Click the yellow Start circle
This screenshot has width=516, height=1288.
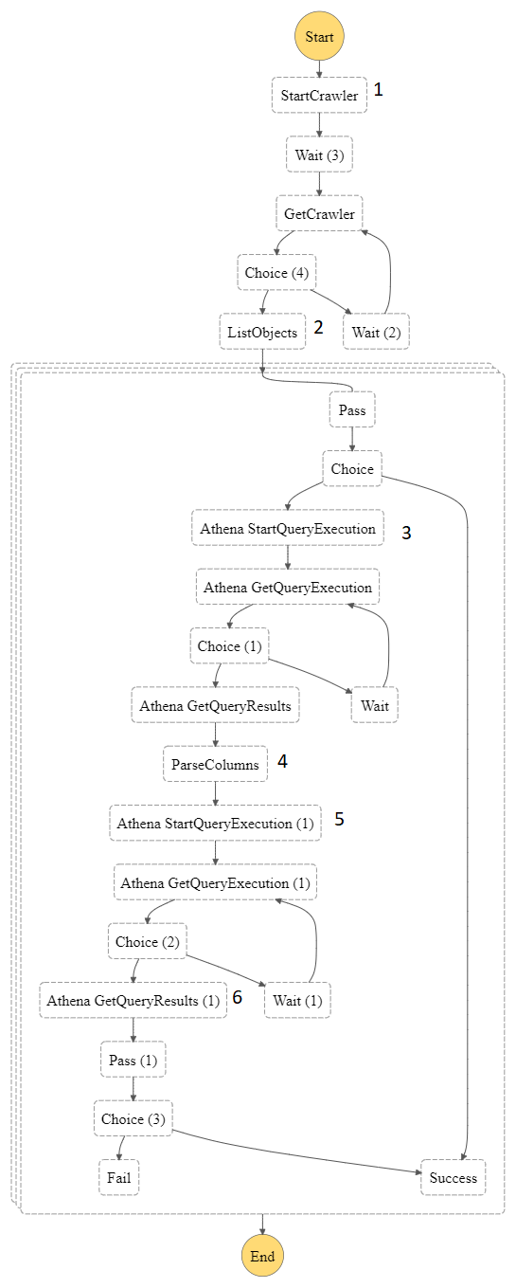pyautogui.click(x=319, y=37)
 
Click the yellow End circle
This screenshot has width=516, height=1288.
pyautogui.click(x=262, y=1257)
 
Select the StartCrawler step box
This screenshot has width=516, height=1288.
pyautogui.click(x=319, y=96)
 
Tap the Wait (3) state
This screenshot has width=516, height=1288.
pyautogui.click(x=319, y=154)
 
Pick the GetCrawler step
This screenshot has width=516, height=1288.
pyautogui.click(x=319, y=214)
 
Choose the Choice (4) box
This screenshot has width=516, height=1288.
pyautogui.click(x=276, y=273)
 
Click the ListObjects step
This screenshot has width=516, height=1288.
pyautogui.click(x=262, y=332)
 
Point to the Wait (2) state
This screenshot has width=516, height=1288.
pyautogui.click(x=377, y=332)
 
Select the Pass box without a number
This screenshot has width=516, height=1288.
pyautogui.click(x=352, y=410)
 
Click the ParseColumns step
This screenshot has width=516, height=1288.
pyautogui.click(x=215, y=764)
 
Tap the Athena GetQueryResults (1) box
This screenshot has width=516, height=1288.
pyautogui.click(x=133, y=1000)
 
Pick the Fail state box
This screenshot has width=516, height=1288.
pyautogui.click(x=118, y=1178)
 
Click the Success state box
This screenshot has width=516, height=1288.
pyautogui.click(x=454, y=1178)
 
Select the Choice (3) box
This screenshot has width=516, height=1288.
pyautogui.click(x=133, y=1118)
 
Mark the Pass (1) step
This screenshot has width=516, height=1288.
pyautogui.click(x=133, y=1060)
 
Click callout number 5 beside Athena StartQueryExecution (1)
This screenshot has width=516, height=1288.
pyautogui.click(x=339, y=820)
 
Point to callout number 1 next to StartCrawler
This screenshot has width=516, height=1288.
pyautogui.click(x=379, y=90)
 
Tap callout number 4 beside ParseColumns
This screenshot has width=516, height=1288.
pyautogui.click(x=282, y=761)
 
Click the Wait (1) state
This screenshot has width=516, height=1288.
pyautogui.click(x=297, y=1000)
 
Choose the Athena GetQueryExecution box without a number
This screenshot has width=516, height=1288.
pyautogui.click(x=288, y=588)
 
